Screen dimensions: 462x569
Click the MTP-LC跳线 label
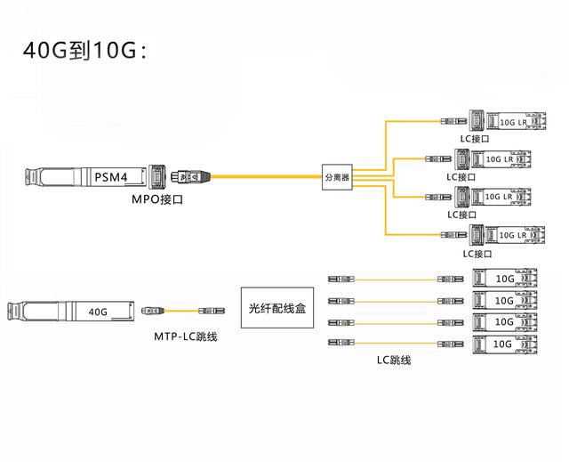186,336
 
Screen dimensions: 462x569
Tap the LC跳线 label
393,361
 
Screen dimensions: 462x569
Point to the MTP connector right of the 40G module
149,312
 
